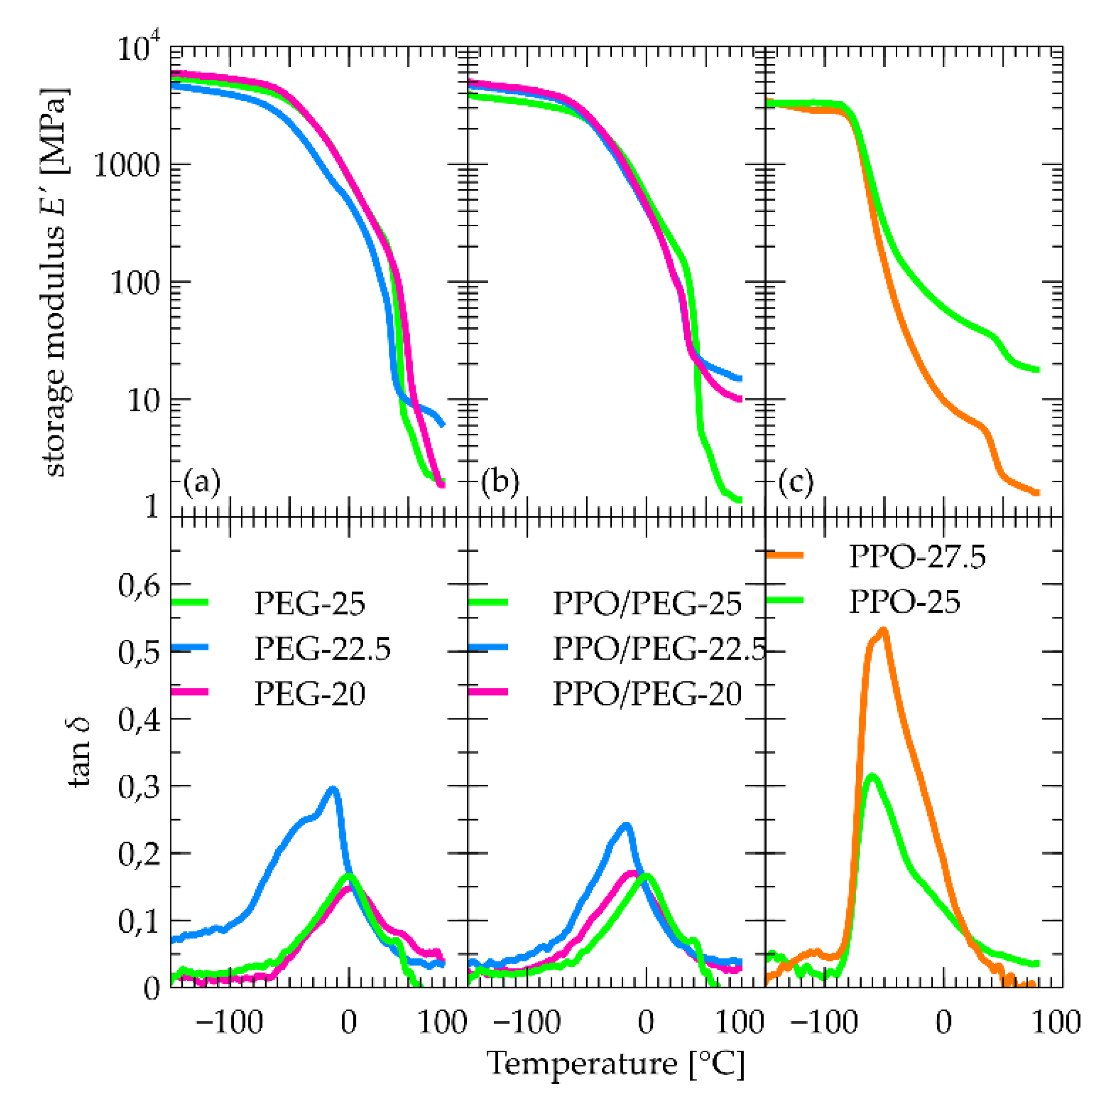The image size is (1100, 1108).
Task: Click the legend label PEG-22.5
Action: [x=323, y=649]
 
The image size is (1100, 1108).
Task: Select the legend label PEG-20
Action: [x=310, y=695]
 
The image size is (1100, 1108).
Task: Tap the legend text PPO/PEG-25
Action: [x=647, y=604]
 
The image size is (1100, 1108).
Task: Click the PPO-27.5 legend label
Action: [x=917, y=557]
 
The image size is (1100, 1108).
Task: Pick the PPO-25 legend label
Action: [x=904, y=602]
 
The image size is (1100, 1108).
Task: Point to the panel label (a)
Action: [x=202, y=482]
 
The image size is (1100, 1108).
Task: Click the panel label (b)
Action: [x=500, y=482]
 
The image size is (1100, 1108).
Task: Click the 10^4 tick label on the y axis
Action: [x=138, y=48]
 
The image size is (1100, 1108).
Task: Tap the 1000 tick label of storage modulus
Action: [x=127, y=166]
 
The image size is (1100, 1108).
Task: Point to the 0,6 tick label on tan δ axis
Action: [x=139, y=586]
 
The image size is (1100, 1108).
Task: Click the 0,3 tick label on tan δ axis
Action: [x=139, y=787]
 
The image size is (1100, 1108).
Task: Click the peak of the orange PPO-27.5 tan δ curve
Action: [x=884, y=630]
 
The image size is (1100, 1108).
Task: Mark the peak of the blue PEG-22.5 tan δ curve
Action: [x=332, y=789]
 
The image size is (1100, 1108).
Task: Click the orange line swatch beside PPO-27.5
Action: [x=785, y=555]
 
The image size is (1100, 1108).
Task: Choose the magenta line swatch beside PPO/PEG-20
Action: [x=488, y=692]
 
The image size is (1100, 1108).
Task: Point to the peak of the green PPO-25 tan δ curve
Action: [x=872, y=776]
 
